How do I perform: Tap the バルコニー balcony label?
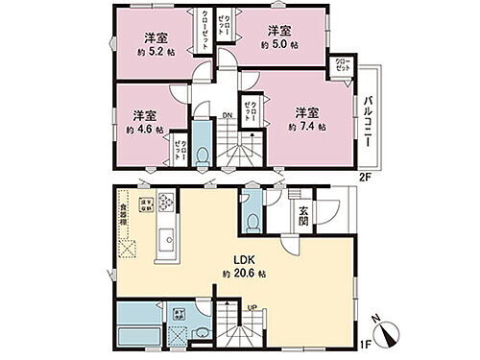pyautogui.click(x=366, y=123)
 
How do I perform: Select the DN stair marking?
pyautogui.click(x=228, y=117)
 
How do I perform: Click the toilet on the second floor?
pyautogui.click(x=201, y=155)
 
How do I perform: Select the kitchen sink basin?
pyautogui.click(x=163, y=236)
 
